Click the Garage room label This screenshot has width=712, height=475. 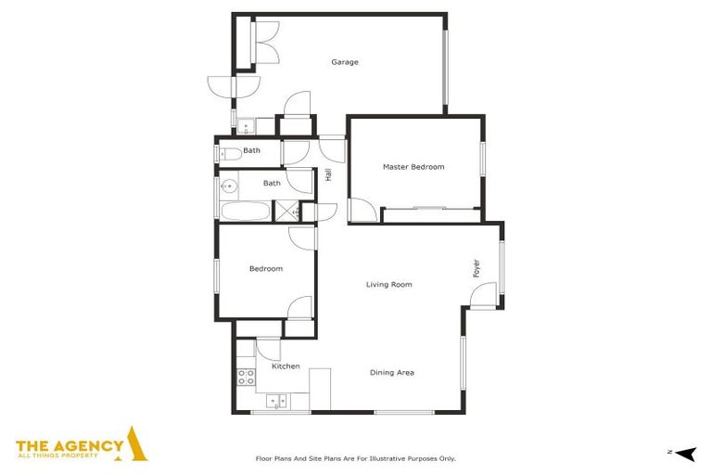pos(345,62)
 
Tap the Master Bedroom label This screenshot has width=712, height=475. pos(413,167)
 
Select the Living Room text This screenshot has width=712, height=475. pos(388,285)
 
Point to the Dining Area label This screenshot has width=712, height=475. pos(392,373)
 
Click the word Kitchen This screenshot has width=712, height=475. pos(286,366)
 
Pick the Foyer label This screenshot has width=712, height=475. pos(477,268)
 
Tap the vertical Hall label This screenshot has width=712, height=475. pos(328,173)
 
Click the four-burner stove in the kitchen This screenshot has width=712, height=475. pos(247,377)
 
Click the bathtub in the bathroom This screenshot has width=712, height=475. pos(245,211)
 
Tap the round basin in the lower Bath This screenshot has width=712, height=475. pos(228,186)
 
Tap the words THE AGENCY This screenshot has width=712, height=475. pos(70,445)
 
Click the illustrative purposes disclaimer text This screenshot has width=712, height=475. pos(355,458)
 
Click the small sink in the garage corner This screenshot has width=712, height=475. pos(248,127)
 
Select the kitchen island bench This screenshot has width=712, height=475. pos(320,389)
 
